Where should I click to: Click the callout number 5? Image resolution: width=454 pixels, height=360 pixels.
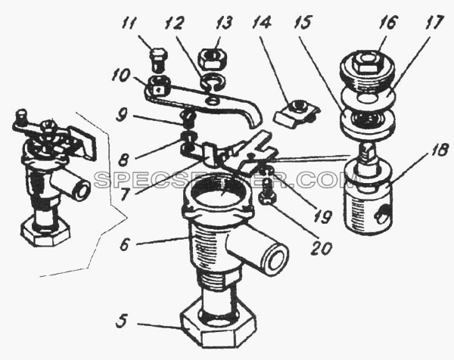tap(122, 321)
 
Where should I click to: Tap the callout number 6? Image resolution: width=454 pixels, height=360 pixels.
tap(125, 246)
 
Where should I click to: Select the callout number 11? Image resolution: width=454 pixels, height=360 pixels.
tap(129, 23)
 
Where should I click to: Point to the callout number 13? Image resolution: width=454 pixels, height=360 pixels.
tap(223, 23)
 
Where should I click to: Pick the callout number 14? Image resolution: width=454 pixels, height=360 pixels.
tap(262, 23)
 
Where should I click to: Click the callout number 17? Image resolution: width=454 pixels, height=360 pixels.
tap(434, 22)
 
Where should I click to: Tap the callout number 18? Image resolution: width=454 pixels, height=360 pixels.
tap(440, 151)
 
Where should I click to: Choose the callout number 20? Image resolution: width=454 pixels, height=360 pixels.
tap(321, 248)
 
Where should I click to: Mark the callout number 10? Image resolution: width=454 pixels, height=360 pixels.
tap(121, 76)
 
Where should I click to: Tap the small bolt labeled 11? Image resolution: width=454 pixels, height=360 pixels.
tap(158, 59)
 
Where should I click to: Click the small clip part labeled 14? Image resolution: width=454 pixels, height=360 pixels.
tap(296, 113)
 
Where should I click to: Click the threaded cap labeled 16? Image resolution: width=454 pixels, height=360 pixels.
tap(367, 70)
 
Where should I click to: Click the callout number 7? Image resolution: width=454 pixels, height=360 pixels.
tap(123, 194)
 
